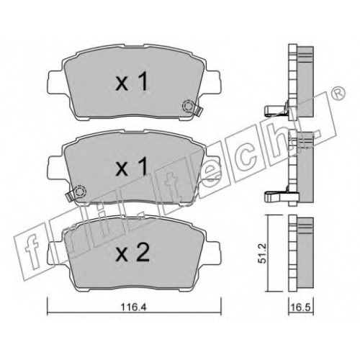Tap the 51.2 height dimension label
[262, 253]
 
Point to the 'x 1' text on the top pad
[131, 82]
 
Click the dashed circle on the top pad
[187, 107]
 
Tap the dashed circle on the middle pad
[80, 192]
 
